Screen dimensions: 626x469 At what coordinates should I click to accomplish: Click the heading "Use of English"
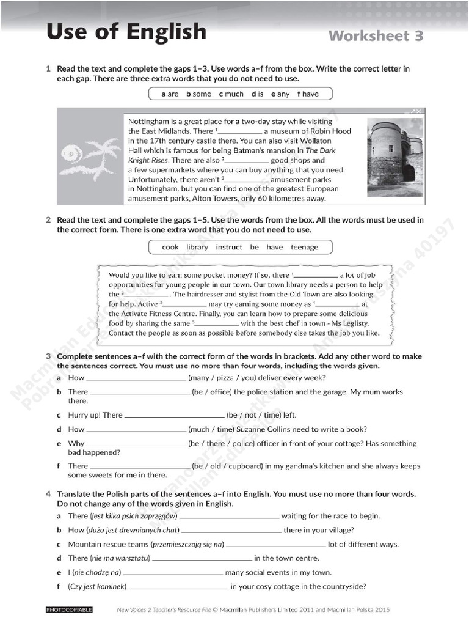[126, 32]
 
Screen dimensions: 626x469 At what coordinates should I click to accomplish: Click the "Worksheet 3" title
[376, 35]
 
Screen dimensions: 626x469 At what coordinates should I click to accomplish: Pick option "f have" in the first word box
[308, 94]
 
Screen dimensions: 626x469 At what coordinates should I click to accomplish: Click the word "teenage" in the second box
[304, 248]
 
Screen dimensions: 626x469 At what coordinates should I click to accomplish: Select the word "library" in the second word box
[197, 248]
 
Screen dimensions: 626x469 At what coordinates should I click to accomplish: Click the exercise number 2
[48, 220]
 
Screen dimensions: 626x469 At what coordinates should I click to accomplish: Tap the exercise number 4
[48, 494]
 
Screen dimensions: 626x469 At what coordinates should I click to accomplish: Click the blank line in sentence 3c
[174, 416]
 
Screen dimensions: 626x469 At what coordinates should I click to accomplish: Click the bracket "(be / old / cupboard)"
[228, 466]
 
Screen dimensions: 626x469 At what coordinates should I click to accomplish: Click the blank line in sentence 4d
[202, 558]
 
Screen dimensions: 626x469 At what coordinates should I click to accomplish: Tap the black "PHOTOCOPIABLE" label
[69, 609]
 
